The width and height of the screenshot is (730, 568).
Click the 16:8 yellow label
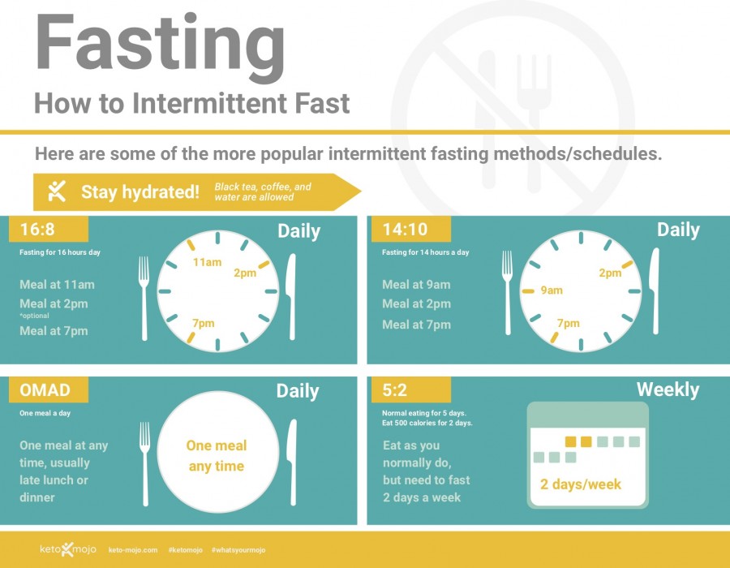[x=49, y=229]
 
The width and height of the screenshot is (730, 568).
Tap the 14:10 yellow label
[x=411, y=229]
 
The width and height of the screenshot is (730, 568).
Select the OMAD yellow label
[x=49, y=389]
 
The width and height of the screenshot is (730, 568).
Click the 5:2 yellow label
[x=411, y=389]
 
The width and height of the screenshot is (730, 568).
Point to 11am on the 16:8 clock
[x=207, y=262]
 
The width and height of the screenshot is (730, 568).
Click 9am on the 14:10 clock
[x=552, y=290]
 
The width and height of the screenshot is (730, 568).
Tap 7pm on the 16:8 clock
[x=204, y=323]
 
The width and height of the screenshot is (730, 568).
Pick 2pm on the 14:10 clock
[x=610, y=273]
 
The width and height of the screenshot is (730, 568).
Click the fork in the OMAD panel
[x=145, y=463]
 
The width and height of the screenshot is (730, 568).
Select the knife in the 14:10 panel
[x=655, y=291]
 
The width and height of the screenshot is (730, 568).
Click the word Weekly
[x=668, y=389]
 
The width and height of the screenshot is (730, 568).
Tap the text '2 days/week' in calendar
[x=581, y=484]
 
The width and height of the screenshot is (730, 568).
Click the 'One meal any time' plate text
[x=217, y=456]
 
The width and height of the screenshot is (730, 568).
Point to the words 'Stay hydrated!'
[x=140, y=191]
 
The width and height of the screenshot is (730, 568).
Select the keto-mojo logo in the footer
[x=68, y=549]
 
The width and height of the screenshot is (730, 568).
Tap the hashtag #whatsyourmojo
[x=238, y=550]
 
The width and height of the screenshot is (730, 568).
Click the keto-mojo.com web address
[x=133, y=550]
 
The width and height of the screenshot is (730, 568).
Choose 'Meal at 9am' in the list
[x=416, y=285]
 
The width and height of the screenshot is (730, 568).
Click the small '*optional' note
[x=34, y=316]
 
